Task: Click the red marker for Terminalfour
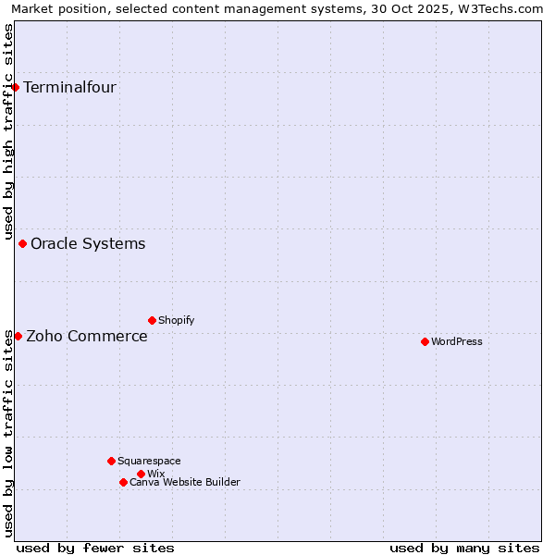pyautogui.click(x=16, y=88)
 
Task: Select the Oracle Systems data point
pyautogui.click(x=23, y=244)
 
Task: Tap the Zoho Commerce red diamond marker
pyautogui.click(x=18, y=336)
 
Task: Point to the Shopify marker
pyautogui.click(x=152, y=320)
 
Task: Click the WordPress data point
pyautogui.click(x=425, y=341)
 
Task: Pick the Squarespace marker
pyautogui.click(x=111, y=461)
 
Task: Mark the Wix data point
pyautogui.click(x=141, y=474)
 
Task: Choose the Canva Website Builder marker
pyautogui.click(x=123, y=482)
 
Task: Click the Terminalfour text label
pyautogui.click(x=69, y=88)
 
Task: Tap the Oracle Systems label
pyautogui.click(x=88, y=244)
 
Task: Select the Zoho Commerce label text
pyautogui.click(x=87, y=336)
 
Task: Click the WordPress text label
pyautogui.click(x=457, y=341)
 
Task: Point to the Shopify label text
pyautogui.click(x=176, y=320)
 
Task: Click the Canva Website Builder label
pyautogui.click(x=185, y=482)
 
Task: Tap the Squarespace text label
pyautogui.click(x=149, y=461)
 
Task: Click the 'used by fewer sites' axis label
pyautogui.click(x=95, y=548)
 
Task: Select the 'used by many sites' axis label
pyautogui.click(x=464, y=548)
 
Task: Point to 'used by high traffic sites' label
pyautogui.click(x=8, y=129)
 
